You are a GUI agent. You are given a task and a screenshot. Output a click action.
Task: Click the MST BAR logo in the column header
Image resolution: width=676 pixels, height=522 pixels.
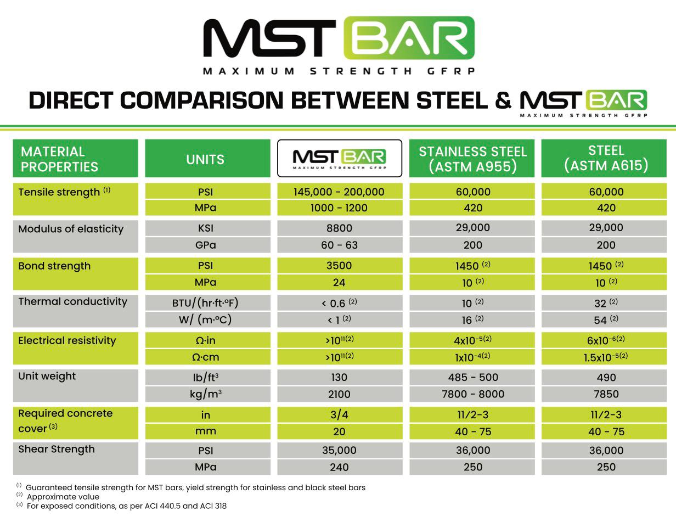[339, 158]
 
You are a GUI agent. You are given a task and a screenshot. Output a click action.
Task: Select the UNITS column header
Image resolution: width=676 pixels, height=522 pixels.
[205, 159]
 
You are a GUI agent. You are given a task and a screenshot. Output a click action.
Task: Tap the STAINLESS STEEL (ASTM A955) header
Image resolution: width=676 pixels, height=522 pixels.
[472, 159]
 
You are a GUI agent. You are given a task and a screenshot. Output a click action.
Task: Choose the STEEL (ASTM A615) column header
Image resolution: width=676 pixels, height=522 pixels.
[606, 158]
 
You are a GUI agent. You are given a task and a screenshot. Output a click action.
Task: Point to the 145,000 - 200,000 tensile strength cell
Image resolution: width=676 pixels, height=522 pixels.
[339, 192]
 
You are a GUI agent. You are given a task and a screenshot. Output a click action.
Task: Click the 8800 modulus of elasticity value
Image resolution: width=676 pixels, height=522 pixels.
[339, 228]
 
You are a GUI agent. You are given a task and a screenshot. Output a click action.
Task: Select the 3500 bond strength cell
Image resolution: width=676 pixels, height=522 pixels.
[339, 266]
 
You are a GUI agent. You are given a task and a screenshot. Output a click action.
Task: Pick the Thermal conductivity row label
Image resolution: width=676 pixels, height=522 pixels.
[72, 301]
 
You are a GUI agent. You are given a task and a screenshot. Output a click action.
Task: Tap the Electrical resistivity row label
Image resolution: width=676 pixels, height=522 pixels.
[67, 341]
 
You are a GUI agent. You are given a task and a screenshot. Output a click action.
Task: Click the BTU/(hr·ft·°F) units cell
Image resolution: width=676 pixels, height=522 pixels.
[205, 302]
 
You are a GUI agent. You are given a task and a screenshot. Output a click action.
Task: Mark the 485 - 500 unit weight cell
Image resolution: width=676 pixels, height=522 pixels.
[472, 378]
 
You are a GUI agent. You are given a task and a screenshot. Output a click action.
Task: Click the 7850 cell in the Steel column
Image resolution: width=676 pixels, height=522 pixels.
[606, 394]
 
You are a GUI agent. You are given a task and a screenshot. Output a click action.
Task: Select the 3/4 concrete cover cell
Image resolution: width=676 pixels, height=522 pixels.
[339, 415]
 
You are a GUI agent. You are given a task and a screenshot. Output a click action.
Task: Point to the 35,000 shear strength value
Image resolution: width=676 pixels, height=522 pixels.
[339, 451]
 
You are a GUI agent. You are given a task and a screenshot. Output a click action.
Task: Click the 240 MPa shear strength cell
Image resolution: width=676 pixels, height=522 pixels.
[339, 467]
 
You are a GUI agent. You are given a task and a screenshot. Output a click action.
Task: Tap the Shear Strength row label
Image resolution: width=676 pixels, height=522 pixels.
[57, 449]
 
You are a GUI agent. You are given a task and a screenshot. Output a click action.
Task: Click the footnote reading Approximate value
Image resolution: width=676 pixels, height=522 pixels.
[63, 497]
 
